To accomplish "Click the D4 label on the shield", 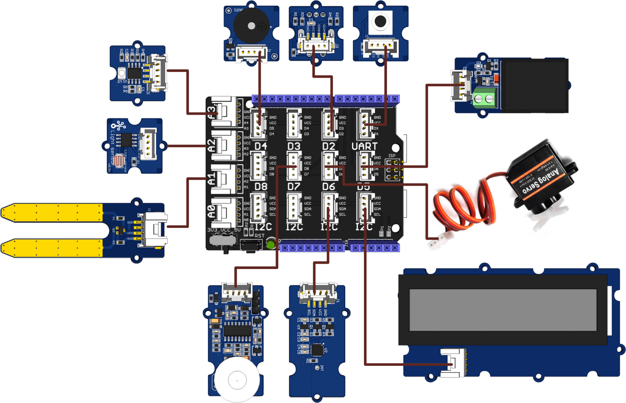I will coord(261,146).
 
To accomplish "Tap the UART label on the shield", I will coord(364,146).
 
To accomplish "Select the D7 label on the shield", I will coord(294,187).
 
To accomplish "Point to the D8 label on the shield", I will coord(261,187).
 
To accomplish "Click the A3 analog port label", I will coord(211,112).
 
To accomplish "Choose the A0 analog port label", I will coord(211,211).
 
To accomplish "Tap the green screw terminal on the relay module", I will coord(484,98).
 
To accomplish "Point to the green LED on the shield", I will coord(271,245).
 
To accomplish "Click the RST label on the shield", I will coord(259,236).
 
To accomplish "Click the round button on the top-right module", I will coord(380,21).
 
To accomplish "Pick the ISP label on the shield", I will coord(392,156).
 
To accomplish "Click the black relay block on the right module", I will coord(533,85).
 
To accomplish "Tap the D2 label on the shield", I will coord(329,146).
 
